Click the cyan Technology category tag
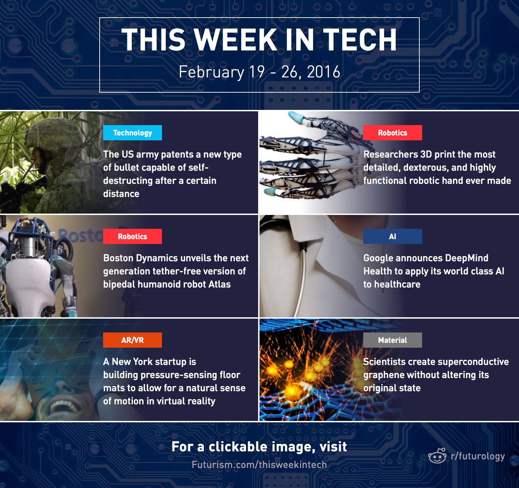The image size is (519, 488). click(133, 133)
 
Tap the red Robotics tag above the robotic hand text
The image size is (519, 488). click(392, 133)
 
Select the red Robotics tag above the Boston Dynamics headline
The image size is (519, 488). click(133, 236)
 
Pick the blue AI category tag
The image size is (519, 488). click(392, 236)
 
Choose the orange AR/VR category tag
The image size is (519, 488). click(133, 340)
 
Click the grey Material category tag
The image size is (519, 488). click(392, 340)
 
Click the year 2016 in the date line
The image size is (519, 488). click(324, 72)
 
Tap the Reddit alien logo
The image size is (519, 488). click(437, 456)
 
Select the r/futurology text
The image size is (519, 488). click(478, 456)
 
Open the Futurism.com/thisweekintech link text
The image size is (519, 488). click(259, 465)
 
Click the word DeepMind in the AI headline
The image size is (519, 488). click(466, 258)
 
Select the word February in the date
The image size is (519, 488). click(211, 72)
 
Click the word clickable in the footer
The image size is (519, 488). click(238, 447)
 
